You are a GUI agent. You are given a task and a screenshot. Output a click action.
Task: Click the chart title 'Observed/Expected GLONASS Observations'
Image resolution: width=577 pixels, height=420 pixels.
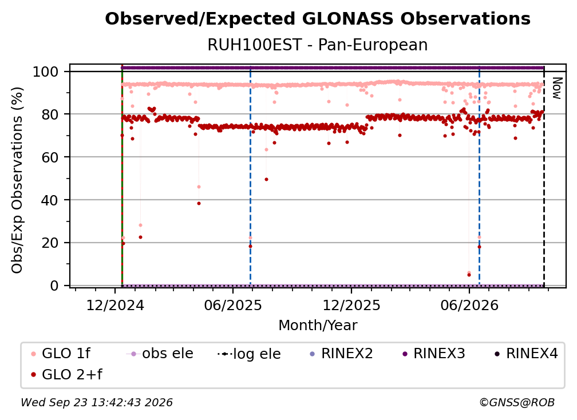pos(318,19)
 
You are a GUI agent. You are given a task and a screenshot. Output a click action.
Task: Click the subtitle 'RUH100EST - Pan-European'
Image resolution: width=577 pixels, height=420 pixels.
pos(318,45)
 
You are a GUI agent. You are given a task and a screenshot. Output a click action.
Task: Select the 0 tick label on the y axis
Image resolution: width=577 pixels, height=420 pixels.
pos(54,286)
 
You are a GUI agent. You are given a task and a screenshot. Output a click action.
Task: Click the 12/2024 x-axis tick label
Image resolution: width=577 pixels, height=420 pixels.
pos(115,305)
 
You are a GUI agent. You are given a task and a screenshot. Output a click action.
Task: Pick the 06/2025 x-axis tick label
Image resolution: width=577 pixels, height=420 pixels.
pos(233,305)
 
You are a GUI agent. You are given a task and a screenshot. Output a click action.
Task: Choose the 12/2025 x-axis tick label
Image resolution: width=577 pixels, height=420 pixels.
pos(351,305)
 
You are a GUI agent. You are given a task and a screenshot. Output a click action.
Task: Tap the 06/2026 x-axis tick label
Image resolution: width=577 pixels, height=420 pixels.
pos(469,305)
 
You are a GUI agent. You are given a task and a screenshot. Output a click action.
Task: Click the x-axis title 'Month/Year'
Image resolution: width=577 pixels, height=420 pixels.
pos(318,325)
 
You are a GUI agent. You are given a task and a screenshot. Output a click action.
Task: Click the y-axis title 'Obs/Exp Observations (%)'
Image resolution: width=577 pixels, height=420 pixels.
pos(17,180)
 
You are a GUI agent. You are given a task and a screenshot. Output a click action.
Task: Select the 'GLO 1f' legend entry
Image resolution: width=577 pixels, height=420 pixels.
pos(61,354)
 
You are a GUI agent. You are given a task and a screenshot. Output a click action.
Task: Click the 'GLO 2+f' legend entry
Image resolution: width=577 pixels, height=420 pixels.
pos(66,374)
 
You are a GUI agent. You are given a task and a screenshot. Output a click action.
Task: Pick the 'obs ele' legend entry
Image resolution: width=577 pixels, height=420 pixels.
pos(160,354)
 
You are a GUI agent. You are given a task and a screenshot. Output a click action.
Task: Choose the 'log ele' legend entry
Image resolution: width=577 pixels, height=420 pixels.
pos(249,354)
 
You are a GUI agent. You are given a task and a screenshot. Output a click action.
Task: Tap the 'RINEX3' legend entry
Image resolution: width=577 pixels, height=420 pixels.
pos(434,354)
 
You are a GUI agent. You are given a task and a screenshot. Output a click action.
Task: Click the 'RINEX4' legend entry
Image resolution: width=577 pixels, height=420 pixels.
pos(526,354)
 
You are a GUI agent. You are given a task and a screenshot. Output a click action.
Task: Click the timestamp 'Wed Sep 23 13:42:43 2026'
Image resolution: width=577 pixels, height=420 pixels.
pos(97,402)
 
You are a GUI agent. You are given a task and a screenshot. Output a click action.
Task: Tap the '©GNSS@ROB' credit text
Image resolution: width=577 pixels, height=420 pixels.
pos(517,402)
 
